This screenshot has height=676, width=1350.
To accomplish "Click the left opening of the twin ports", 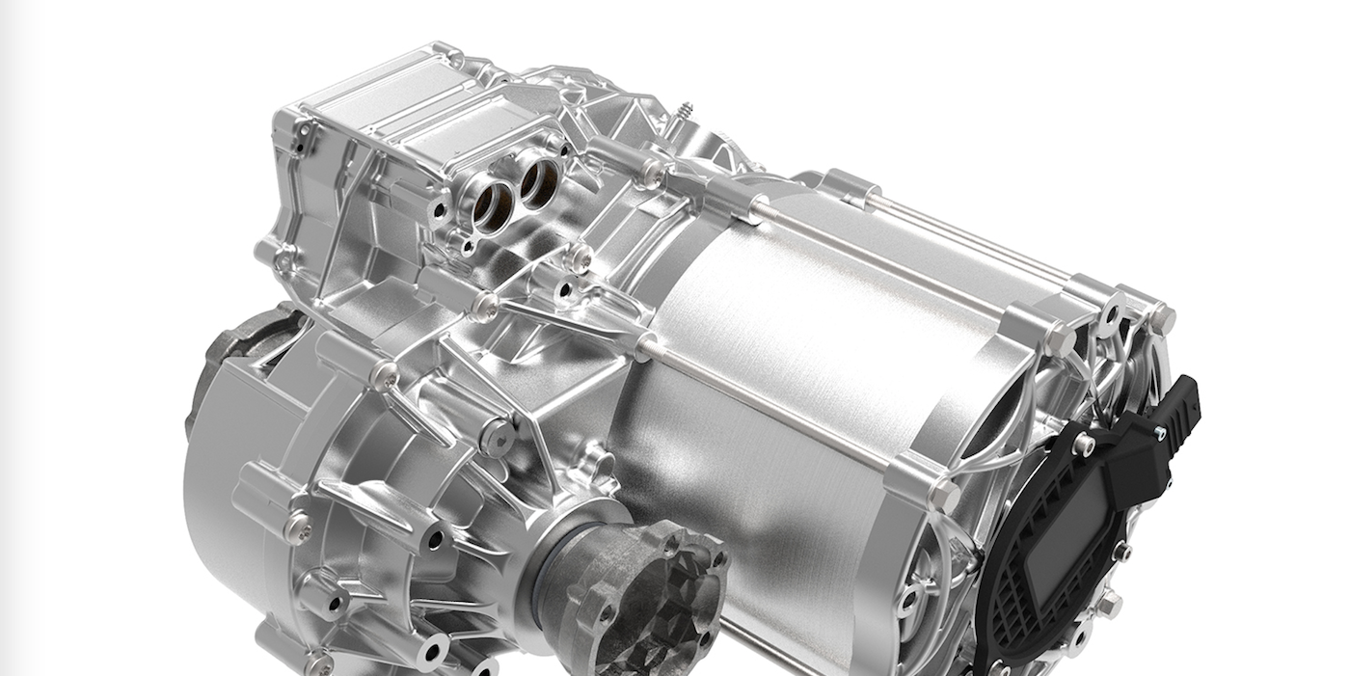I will (x=492, y=203).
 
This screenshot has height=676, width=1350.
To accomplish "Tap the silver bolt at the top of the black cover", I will (x=1085, y=444).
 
